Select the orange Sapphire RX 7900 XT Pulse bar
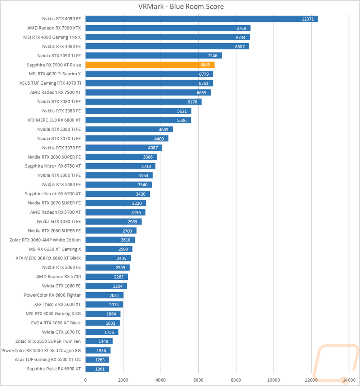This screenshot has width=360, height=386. pos(150,65)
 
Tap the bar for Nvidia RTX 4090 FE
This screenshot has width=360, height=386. pos(202,19)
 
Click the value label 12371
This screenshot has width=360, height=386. pos(308,19)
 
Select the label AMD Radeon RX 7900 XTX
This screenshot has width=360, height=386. pos(54,28)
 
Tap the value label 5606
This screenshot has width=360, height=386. pos(181,120)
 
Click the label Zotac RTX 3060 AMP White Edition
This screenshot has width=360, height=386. pos(45,240)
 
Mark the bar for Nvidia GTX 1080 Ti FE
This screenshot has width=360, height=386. pos(113,222)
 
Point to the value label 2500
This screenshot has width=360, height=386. pos(123,249)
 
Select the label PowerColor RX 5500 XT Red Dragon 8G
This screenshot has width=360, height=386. pos(41,350)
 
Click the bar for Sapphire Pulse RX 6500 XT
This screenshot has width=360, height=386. pos(97,369)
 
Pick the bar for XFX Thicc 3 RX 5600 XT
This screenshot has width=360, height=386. pos(104,305)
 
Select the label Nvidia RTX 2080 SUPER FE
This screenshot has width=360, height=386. pos(54,157)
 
